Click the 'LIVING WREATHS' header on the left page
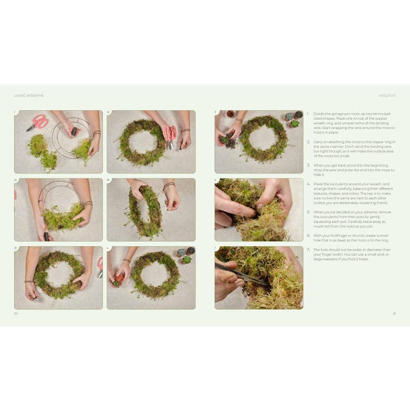29,96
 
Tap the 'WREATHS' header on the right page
387,96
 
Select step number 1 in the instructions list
308,113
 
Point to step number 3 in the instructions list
308,165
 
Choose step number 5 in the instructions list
308,212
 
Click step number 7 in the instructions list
308,249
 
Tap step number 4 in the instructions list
308,184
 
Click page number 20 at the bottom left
16,313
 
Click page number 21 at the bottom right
394,313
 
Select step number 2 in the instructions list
308,142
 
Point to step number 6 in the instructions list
308,235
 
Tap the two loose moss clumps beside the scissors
43,151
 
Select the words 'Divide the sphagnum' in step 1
326,113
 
